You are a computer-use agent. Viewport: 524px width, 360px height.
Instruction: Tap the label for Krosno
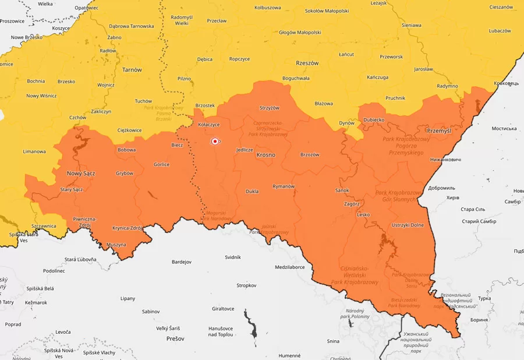pos(265,155)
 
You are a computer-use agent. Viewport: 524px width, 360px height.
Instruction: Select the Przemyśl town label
pos(439,131)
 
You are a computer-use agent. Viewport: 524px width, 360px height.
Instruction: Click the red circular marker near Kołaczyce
pos(215,141)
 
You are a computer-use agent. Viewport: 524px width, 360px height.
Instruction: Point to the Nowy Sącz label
pos(81,174)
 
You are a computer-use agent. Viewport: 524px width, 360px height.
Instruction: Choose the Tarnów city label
pos(132,70)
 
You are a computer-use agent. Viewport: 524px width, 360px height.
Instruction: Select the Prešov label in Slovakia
pos(175,338)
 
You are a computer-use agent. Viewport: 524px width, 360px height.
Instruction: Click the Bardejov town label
pos(182,262)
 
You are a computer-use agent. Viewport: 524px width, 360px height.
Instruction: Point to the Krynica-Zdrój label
pos(127,227)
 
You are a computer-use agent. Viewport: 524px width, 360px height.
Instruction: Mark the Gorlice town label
pos(161,164)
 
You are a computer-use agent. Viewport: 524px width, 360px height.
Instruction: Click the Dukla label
pos(252,190)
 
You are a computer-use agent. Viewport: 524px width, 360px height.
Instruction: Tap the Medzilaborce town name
pos(290,267)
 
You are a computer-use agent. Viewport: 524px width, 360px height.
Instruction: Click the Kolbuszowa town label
pos(267,8)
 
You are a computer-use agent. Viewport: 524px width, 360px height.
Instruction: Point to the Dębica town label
pos(204,59)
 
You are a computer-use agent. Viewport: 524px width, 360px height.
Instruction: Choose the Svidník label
pos(232,257)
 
